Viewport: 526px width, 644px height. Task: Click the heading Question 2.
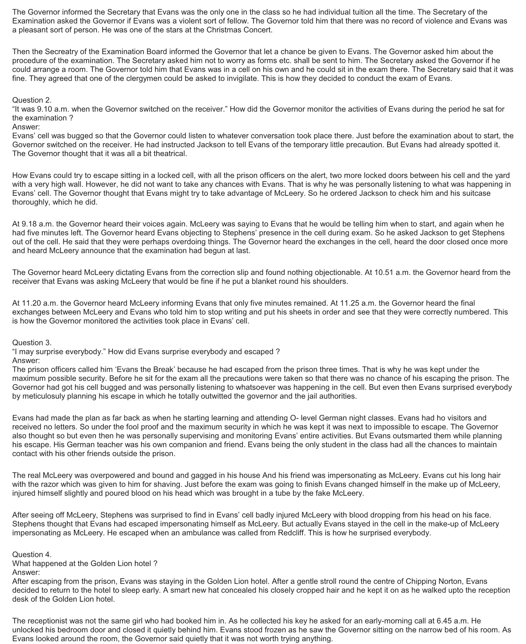[x=32, y=100]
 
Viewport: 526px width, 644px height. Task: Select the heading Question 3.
[x=32, y=343]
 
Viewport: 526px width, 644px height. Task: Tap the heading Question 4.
[x=32, y=555]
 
